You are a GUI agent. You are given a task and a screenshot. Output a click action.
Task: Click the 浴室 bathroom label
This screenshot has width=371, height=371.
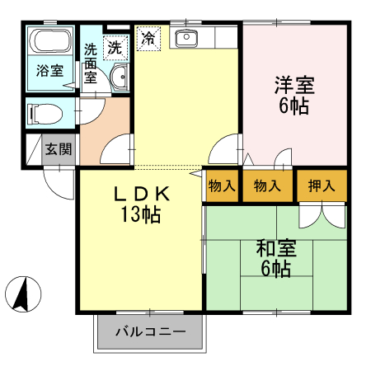coord(49,71)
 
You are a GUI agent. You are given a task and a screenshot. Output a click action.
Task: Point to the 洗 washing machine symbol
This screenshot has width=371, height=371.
coord(116,47)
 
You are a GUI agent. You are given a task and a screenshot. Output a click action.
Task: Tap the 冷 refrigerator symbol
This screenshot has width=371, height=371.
coord(148,38)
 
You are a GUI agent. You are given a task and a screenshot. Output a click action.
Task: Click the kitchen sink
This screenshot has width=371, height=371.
coord(185,38)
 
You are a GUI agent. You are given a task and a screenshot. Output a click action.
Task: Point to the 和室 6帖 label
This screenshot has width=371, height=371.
coord(275,258)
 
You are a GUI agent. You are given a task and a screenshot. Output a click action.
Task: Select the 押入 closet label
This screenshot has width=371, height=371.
coord(322,186)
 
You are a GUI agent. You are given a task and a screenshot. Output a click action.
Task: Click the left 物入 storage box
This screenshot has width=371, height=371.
coord(221,186)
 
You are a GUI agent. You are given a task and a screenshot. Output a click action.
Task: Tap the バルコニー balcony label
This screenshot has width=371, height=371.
coord(150,333)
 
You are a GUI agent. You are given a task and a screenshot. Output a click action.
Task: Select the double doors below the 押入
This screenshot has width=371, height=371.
coord(322,213)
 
